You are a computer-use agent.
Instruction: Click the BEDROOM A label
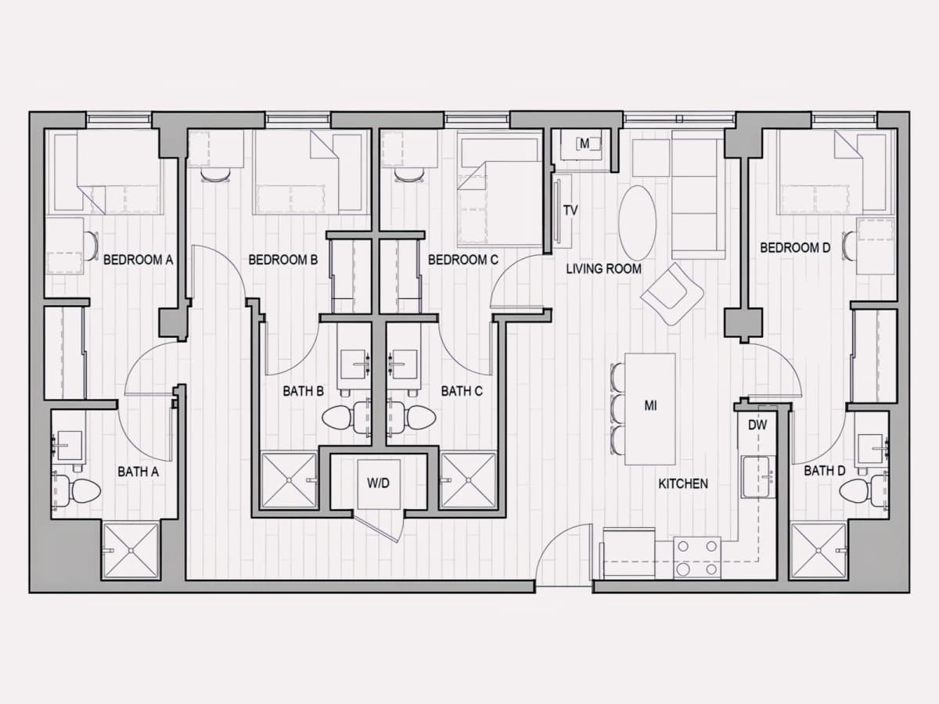(139, 260)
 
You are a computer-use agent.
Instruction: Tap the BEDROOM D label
(795, 247)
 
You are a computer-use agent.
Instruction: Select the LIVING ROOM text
(603, 269)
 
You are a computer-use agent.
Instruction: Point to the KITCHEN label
(683, 483)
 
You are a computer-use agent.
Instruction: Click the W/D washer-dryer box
(379, 484)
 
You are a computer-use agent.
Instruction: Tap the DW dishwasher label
(757, 425)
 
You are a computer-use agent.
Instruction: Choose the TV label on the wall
(570, 210)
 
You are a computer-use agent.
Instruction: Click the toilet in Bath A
(78, 490)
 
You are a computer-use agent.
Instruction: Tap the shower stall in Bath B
(290, 480)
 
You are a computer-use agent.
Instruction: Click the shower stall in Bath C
(469, 480)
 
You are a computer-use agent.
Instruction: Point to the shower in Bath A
(131, 551)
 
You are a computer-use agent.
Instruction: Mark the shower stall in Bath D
(818, 551)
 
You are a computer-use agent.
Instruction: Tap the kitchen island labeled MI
(650, 409)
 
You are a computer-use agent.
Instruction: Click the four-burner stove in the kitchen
(697, 558)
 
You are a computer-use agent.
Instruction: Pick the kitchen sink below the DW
(759, 477)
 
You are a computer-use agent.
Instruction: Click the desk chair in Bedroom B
(214, 174)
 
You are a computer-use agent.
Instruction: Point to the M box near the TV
(584, 144)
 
